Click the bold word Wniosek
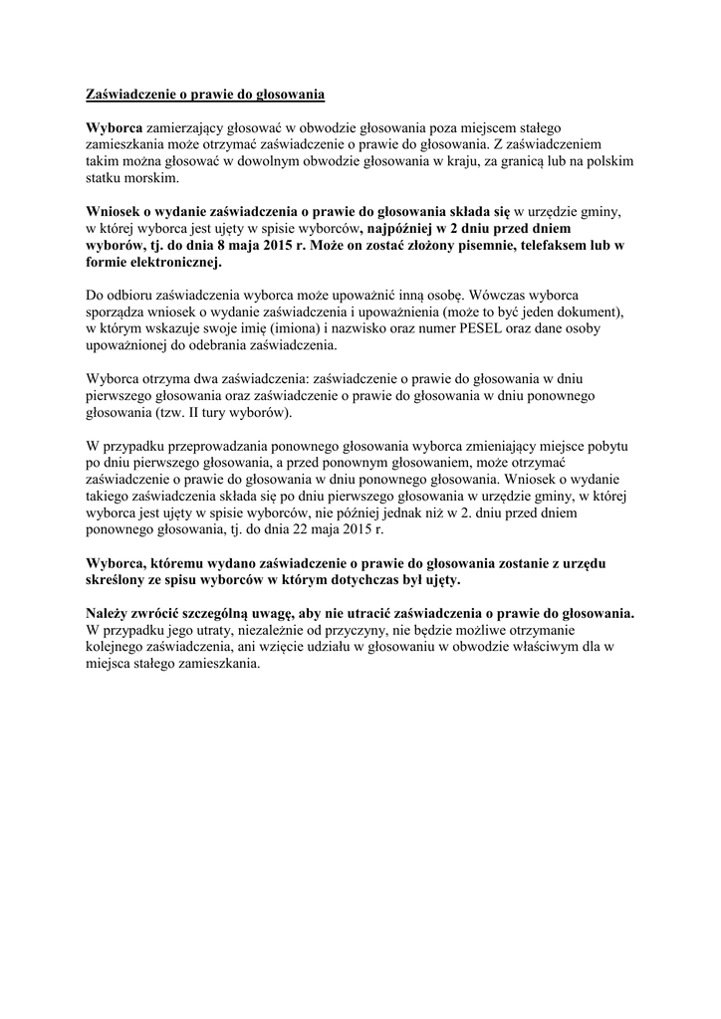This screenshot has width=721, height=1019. pos(117,211)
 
